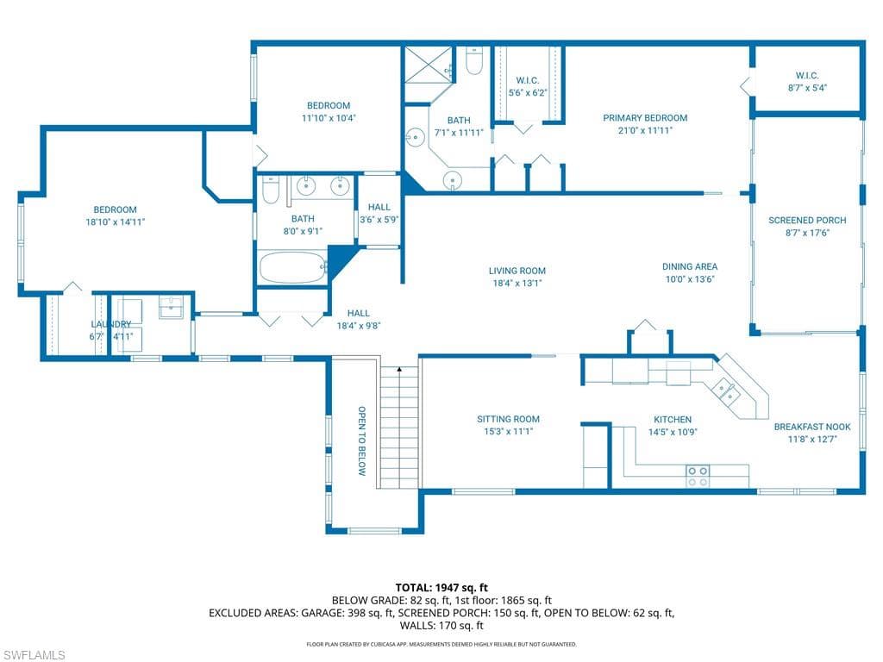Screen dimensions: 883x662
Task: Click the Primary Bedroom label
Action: point(645,117)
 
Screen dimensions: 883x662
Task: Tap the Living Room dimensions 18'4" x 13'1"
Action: point(517,283)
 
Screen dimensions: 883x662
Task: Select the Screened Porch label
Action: point(807,220)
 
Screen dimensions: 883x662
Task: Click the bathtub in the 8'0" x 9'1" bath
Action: point(292,267)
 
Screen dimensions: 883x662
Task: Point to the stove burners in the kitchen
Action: point(698,476)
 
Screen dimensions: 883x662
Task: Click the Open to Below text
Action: point(362,440)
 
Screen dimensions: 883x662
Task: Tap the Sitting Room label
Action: point(508,419)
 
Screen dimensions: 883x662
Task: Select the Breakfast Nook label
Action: point(812,427)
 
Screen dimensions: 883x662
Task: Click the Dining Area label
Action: point(689,266)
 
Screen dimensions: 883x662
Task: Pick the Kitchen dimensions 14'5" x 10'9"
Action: point(673,433)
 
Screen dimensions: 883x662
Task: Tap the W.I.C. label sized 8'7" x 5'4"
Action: point(807,75)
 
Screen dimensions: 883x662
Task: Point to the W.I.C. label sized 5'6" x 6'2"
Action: point(527,80)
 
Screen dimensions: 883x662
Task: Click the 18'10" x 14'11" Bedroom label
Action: point(115,209)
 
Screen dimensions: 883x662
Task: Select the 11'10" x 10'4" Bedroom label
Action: point(329,105)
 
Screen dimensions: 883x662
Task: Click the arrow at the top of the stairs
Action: point(399,370)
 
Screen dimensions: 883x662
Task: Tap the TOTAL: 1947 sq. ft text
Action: point(441,588)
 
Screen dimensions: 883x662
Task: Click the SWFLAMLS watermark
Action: point(33,655)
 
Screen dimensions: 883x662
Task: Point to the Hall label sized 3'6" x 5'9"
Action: point(379,207)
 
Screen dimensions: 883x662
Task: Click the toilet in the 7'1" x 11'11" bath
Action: point(475,61)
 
